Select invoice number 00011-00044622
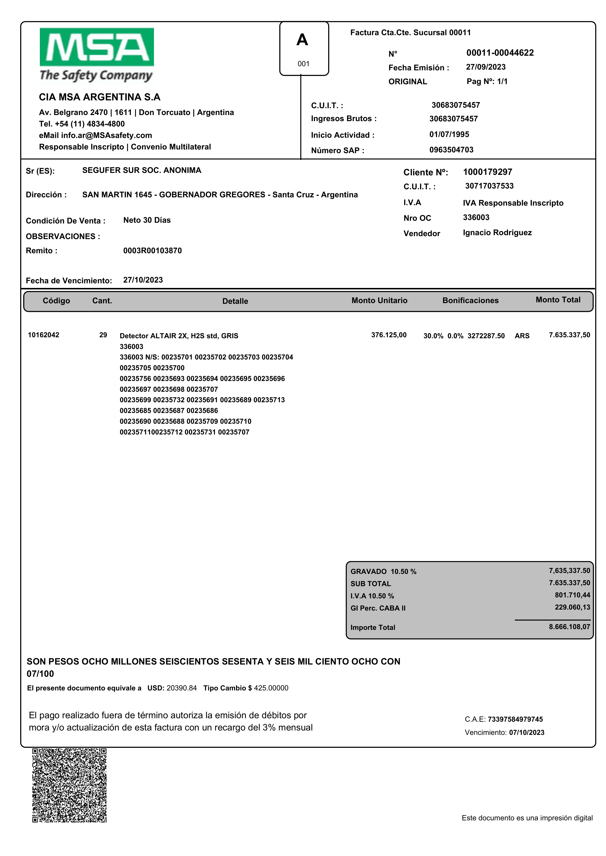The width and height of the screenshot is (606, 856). click(x=500, y=53)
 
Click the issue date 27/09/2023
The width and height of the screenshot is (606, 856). click(x=486, y=67)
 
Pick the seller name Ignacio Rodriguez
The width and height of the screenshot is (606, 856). click(x=497, y=233)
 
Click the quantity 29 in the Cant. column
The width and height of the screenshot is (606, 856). click(x=103, y=335)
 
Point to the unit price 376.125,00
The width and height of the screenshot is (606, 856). click(x=389, y=335)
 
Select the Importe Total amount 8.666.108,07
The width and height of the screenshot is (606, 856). click(x=569, y=627)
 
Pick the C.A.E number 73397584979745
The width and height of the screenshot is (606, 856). click(x=515, y=719)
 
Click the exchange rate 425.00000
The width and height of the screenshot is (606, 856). click(x=271, y=688)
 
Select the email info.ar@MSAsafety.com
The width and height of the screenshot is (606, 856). click(x=106, y=135)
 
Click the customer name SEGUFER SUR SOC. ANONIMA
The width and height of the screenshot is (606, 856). click(x=141, y=170)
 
